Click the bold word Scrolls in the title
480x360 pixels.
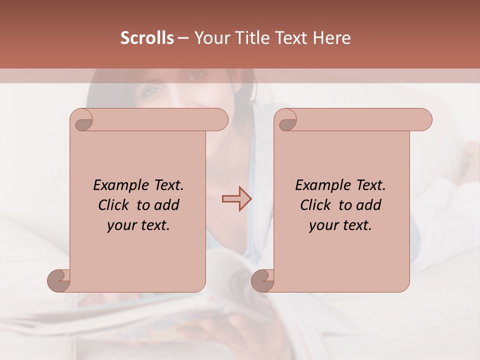tap(147, 38)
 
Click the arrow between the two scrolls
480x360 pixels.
tap(236, 198)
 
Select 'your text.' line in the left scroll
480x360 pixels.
tap(138, 225)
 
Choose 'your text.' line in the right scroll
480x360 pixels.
tap(340, 225)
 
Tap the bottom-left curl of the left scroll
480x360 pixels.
tap(59, 280)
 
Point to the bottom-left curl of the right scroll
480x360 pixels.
tap(262, 280)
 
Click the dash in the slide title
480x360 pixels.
tap(182, 38)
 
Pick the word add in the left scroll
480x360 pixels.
tap(167, 205)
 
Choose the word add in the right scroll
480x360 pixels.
tap(369, 205)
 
